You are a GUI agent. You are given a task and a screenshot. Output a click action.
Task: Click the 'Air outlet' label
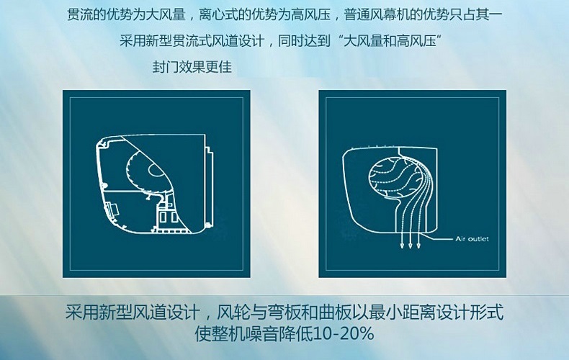point(472,239)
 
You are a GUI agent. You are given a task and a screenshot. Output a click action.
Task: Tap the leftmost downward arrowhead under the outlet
point(402,246)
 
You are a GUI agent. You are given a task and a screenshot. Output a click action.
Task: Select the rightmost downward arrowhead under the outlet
point(418,246)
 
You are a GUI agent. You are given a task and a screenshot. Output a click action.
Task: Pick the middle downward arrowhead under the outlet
point(411,246)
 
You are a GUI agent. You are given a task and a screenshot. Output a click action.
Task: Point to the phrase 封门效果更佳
point(192,67)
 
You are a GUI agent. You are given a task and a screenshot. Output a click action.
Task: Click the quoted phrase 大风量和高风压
point(390,40)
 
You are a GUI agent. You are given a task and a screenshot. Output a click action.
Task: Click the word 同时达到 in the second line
point(304,40)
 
